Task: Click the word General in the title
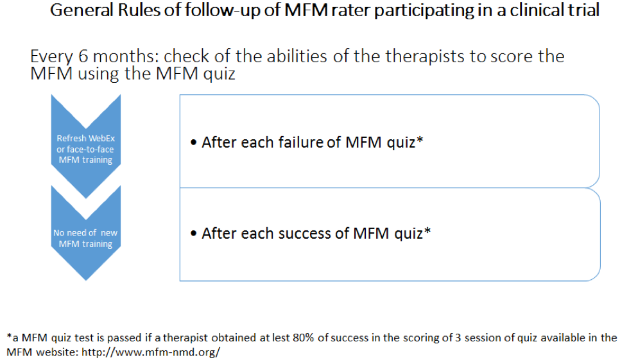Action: (82, 10)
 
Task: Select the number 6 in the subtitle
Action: (83, 56)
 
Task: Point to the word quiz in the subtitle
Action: (219, 74)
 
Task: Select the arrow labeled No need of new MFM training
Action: (86, 233)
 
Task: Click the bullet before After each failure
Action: (194, 142)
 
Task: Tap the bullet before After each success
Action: (194, 234)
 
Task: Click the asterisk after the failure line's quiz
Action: (420, 139)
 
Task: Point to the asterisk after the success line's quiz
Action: (427, 230)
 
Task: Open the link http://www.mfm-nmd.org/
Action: (151, 352)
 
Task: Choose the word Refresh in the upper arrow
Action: (71, 139)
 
